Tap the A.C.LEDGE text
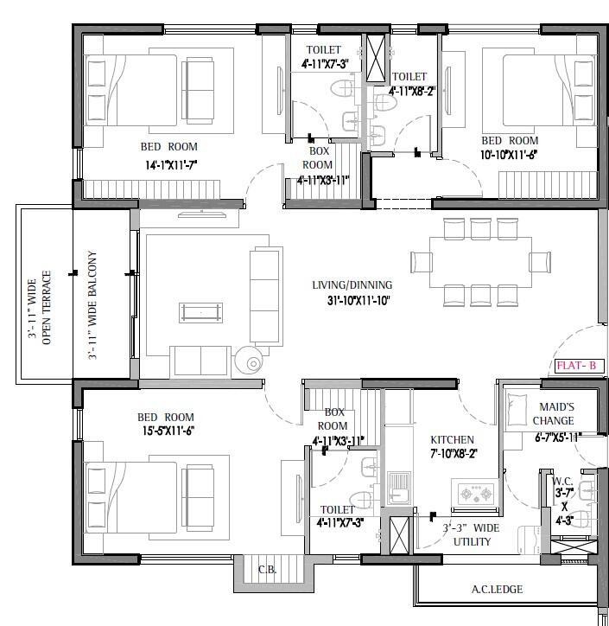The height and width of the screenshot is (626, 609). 497,591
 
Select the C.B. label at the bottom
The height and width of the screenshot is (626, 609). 267,570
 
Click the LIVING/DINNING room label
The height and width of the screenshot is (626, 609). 352,284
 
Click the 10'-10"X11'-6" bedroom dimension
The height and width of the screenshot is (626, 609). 510,156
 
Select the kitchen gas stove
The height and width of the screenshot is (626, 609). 475,494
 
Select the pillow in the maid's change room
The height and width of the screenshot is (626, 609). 518,404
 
